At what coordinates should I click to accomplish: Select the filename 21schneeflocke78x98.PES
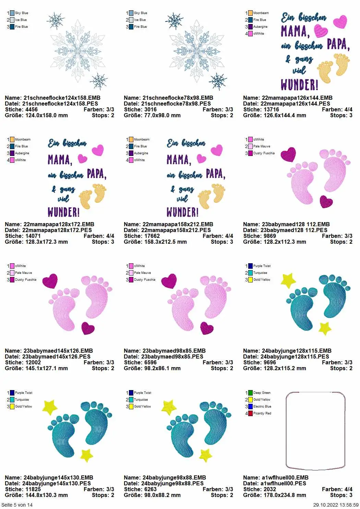176,104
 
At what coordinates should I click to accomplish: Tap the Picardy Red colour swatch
250,413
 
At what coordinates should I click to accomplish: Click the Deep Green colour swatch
250,393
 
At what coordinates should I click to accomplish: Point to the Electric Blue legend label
262,406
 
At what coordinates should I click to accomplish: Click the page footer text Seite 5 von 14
17,505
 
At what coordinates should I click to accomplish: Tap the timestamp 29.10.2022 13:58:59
336,505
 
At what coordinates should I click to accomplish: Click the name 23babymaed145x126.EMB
58,351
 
